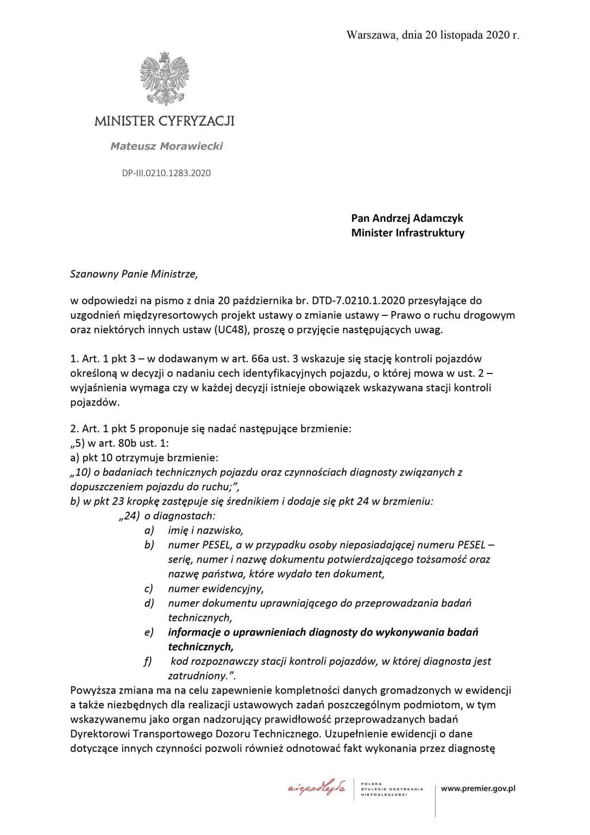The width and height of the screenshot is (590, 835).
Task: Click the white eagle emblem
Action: (164, 77)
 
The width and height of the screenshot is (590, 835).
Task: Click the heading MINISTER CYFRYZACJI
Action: (164, 120)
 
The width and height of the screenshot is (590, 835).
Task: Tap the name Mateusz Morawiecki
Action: (166, 146)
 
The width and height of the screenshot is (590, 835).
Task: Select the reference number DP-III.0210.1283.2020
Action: (166, 173)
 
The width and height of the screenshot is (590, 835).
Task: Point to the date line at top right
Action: (432, 35)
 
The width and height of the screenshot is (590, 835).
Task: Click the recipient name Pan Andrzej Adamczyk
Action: (407, 218)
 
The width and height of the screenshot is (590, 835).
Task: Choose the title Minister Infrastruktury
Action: (407, 233)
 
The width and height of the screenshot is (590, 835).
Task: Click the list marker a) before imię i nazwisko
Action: (149, 530)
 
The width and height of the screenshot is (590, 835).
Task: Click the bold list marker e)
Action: (149, 632)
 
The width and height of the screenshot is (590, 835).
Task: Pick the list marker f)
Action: (148, 661)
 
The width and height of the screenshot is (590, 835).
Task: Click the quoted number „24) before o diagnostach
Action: (129, 515)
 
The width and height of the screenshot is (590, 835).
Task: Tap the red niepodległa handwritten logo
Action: (317, 788)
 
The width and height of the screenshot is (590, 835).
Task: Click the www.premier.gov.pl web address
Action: (478, 788)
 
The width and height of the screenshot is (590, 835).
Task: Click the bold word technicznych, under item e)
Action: (200, 646)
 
